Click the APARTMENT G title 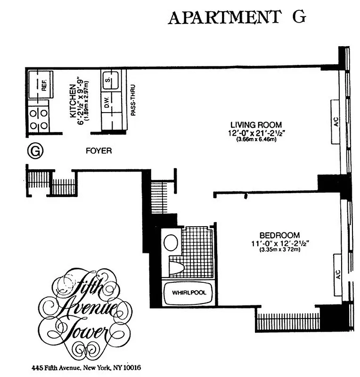(x=237, y=17)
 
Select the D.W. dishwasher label (x=107, y=106)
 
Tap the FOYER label (x=99, y=151)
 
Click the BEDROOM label (x=279, y=235)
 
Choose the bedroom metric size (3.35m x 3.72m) (x=279, y=249)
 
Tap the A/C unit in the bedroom (x=338, y=275)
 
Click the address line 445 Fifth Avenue (x=86, y=367)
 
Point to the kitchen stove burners (x=39, y=120)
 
